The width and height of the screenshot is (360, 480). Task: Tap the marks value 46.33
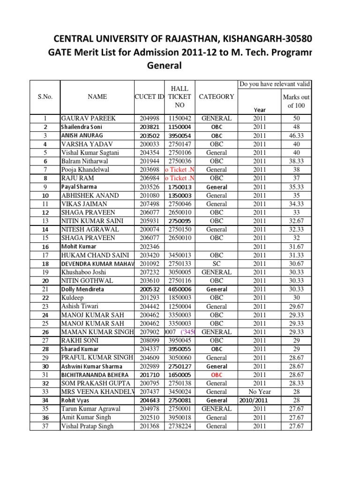296,135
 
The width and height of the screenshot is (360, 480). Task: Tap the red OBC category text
216,375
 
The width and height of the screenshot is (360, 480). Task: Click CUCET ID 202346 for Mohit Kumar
150,247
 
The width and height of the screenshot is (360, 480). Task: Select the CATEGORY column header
216,97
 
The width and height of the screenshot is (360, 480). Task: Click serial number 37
45,426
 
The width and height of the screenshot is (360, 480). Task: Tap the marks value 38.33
296,161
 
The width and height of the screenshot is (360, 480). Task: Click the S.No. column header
45,97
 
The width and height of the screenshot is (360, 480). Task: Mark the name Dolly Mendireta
82,289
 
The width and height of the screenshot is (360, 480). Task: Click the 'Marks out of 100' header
296,101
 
